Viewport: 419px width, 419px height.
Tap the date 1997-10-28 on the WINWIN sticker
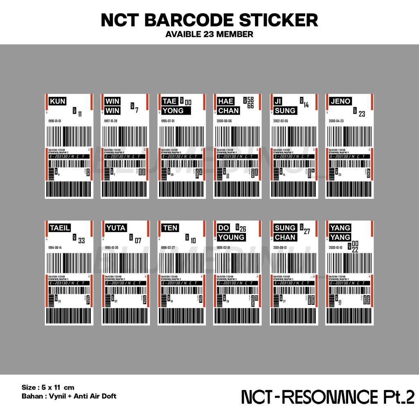tap(111, 122)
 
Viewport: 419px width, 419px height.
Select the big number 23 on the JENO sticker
tap(362, 114)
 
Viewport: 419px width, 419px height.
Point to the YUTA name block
tap(116, 228)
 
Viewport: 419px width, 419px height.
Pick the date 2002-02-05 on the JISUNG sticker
tap(281, 122)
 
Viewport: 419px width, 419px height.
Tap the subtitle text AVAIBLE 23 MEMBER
tap(209, 34)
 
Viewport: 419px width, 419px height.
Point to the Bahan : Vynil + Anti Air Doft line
tap(69, 396)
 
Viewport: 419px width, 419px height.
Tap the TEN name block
tap(170, 228)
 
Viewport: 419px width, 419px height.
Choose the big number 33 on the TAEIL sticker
tap(81, 241)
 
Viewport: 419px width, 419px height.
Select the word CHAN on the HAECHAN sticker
tap(229, 110)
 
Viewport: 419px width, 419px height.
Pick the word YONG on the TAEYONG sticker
tap(173, 110)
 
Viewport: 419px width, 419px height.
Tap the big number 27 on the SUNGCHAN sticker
tap(307, 232)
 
